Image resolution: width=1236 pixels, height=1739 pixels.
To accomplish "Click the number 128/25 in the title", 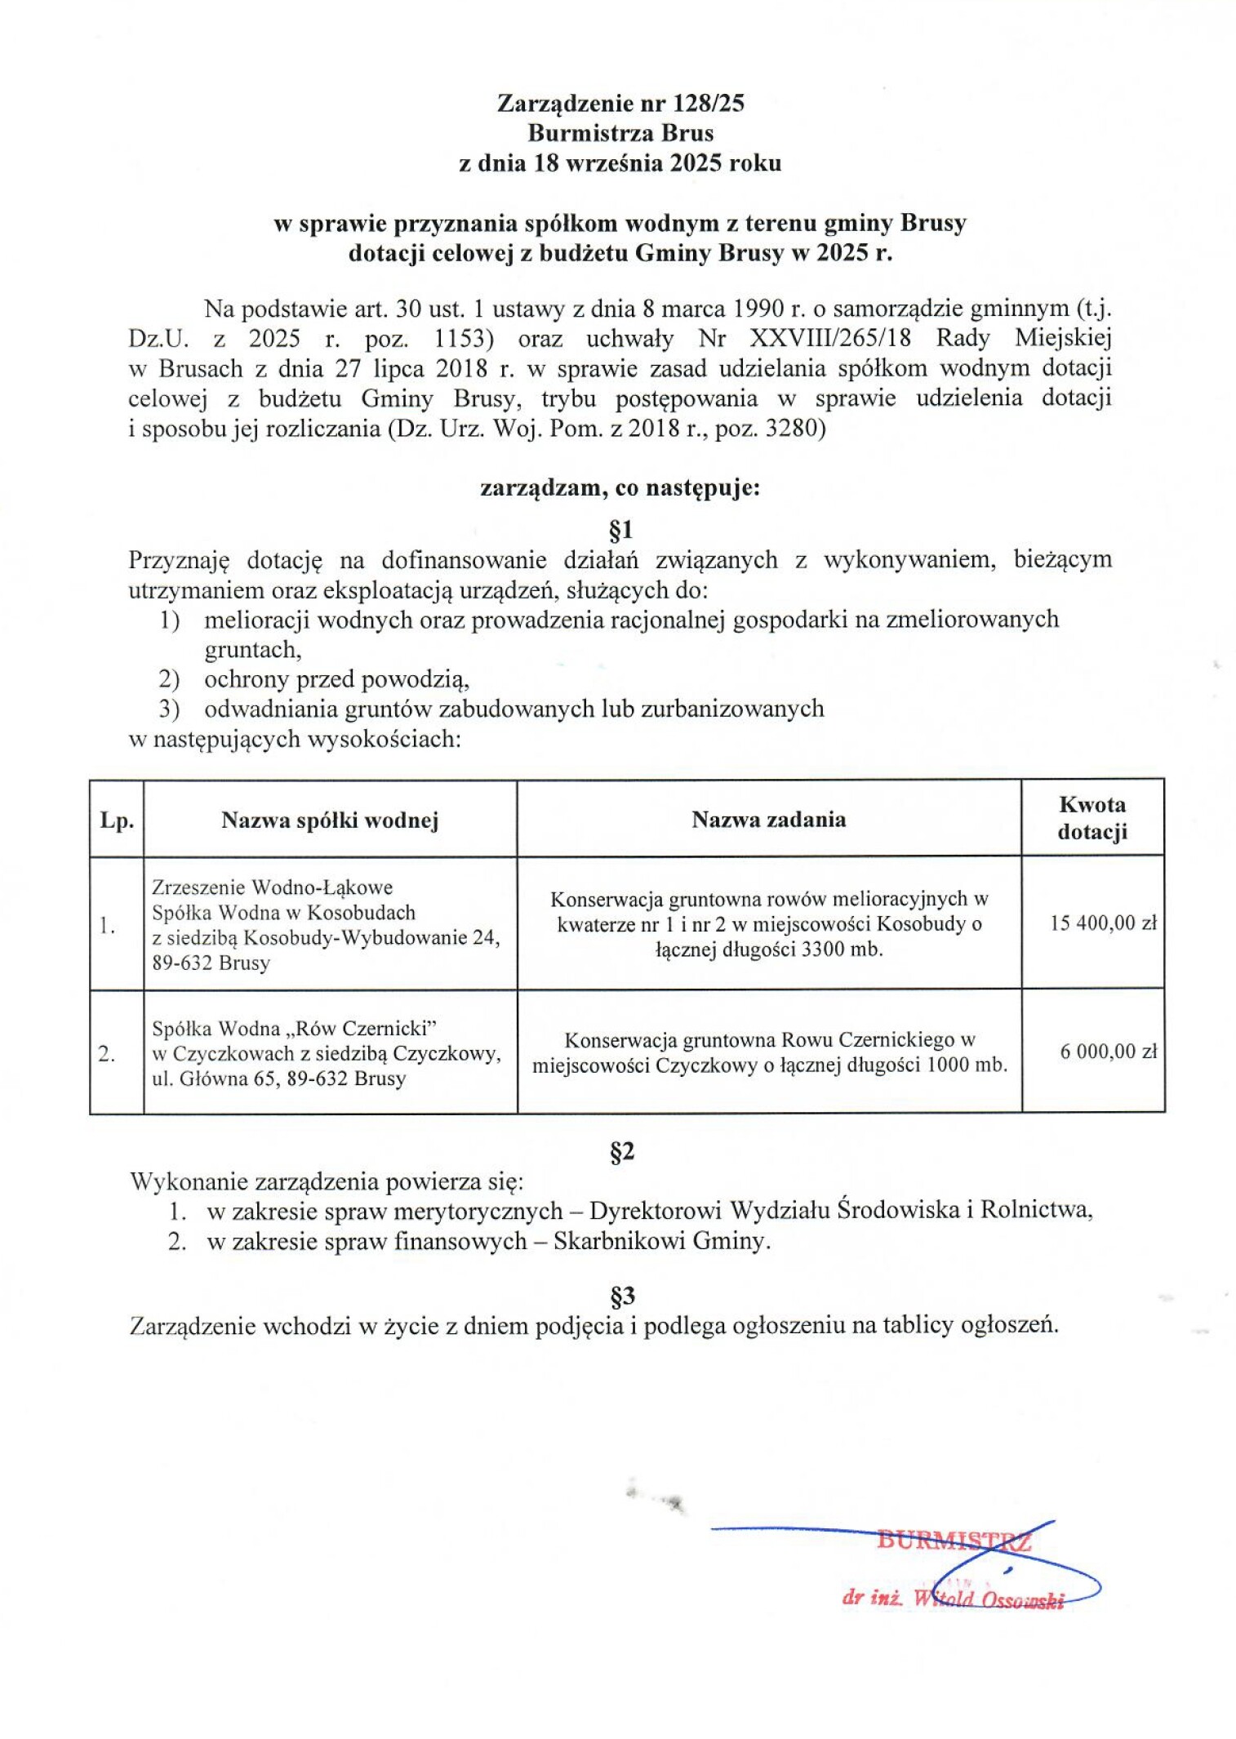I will coord(709,103).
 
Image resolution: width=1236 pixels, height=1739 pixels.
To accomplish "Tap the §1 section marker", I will coord(620,531).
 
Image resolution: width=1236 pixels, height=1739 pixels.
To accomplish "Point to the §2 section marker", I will coord(622,1152).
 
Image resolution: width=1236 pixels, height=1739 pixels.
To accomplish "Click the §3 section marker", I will coord(622,1296).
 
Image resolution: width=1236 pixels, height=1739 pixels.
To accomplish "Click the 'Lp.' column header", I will coord(117,821).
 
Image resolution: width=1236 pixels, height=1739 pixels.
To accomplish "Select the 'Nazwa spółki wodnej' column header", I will coord(330,820).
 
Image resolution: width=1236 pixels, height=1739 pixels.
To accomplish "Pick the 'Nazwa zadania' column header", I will coord(768,819).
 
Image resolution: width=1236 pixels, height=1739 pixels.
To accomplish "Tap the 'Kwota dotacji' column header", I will coord(1092,818).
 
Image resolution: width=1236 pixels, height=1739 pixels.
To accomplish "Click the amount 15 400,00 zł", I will coord(1103,923).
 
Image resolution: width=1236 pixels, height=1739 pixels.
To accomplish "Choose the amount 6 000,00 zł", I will coord(1108,1052).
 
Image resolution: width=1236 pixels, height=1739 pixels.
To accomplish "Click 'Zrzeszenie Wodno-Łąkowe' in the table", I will coord(272,887).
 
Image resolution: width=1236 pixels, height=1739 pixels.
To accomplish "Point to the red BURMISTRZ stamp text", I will coord(954,1541).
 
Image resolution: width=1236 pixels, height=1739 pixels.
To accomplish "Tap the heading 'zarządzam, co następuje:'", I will coord(620,488).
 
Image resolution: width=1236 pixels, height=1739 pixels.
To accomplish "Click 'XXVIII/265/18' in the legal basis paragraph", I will coord(829,338).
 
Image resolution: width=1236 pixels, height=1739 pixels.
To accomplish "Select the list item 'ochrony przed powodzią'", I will coord(336,679).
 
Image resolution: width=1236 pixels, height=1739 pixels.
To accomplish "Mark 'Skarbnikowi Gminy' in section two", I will coord(660,1242).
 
